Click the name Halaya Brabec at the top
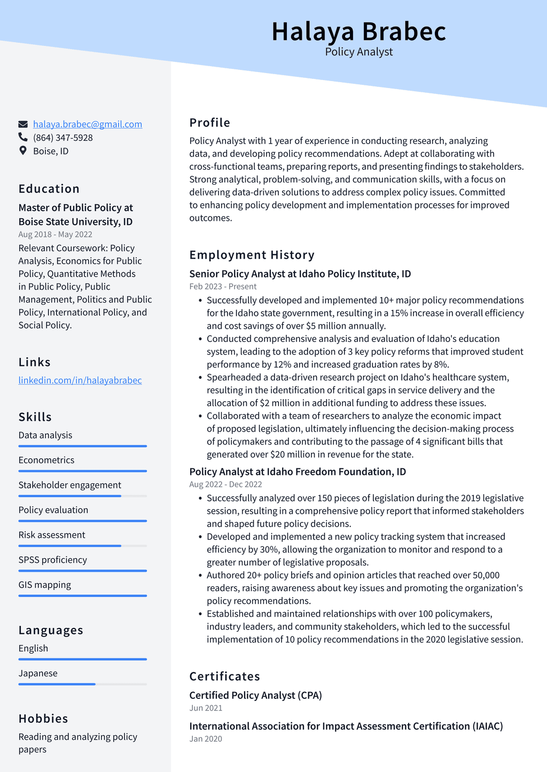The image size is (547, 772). click(358, 31)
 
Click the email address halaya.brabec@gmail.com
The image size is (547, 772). click(88, 124)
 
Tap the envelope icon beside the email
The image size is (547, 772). click(23, 124)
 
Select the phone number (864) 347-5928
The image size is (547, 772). click(62, 138)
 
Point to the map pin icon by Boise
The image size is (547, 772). click(23, 150)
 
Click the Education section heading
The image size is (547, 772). click(49, 189)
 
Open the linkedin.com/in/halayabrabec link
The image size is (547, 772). click(80, 380)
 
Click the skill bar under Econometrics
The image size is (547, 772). click(82, 471)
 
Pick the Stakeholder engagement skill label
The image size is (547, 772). click(70, 485)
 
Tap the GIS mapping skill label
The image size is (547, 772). click(45, 585)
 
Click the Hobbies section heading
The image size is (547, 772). click(43, 719)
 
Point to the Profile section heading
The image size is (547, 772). click(210, 123)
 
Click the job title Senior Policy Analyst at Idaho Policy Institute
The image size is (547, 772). click(300, 274)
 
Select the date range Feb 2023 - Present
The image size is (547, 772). click(223, 286)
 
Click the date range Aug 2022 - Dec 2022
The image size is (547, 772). click(225, 484)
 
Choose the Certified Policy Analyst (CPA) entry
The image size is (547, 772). click(256, 695)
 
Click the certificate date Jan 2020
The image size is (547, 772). click(206, 739)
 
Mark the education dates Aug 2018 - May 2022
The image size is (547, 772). click(56, 234)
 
